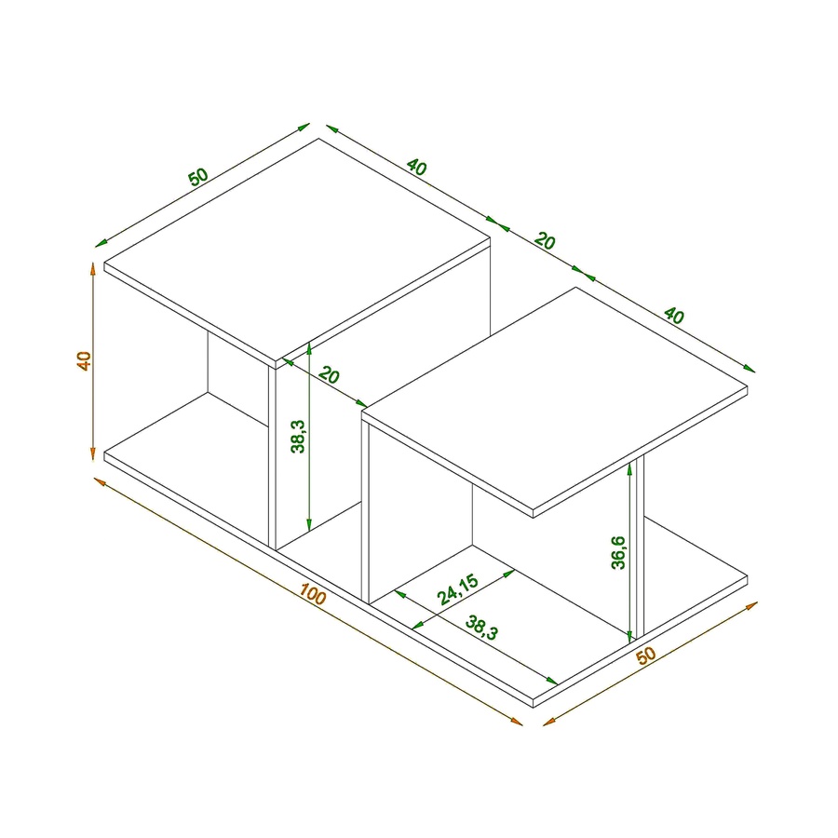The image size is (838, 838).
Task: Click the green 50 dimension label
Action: [x=197, y=177]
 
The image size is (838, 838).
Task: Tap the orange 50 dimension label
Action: [x=645, y=656]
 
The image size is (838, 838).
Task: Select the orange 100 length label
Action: [x=313, y=594]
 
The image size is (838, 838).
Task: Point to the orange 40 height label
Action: [x=84, y=360]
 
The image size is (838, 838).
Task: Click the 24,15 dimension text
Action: [x=457, y=589]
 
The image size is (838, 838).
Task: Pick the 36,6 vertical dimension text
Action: [x=618, y=552]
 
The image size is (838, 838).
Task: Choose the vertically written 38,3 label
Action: [x=298, y=436]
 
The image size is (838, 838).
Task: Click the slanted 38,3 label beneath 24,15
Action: [x=481, y=628]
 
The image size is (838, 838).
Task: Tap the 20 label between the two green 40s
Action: [x=545, y=241]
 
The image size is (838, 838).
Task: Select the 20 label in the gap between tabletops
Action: [x=329, y=375]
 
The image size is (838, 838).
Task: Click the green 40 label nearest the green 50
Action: [x=416, y=167]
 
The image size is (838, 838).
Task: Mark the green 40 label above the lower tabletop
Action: [x=673, y=316]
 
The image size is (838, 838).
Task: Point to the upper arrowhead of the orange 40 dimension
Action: [x=93, y=268]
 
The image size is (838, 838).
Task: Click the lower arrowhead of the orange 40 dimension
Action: [x=93, y=453]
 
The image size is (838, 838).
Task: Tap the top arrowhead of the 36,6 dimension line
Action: [x=630, y=468]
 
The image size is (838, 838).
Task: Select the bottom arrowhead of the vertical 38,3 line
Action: [x=309, y=525]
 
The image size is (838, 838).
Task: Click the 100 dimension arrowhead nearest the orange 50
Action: [x=516, y=722]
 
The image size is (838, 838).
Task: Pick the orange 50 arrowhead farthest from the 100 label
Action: [x=751, y=605]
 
